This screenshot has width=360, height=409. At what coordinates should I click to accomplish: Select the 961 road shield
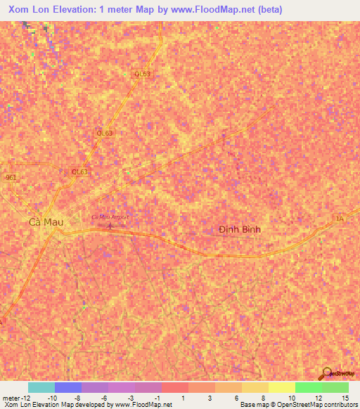point(11,178)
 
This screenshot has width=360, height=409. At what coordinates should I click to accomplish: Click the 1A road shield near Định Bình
point(340,220)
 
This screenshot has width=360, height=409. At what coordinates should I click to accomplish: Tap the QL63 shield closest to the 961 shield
point(79,171)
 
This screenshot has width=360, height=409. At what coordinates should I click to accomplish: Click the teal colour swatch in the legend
point(41,387)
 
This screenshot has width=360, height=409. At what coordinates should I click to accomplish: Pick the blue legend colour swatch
point(68,387)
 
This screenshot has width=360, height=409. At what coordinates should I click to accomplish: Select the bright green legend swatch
point(309,387)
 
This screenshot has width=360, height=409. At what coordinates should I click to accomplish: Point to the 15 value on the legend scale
point(345,398)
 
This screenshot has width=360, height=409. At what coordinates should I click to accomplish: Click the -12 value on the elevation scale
point(26,398)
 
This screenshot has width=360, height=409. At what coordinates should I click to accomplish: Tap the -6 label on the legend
point(103,398)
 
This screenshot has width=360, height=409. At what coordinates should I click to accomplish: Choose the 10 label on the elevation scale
point(290,398)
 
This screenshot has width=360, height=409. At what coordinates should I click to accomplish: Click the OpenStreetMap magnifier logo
point(326,373)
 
